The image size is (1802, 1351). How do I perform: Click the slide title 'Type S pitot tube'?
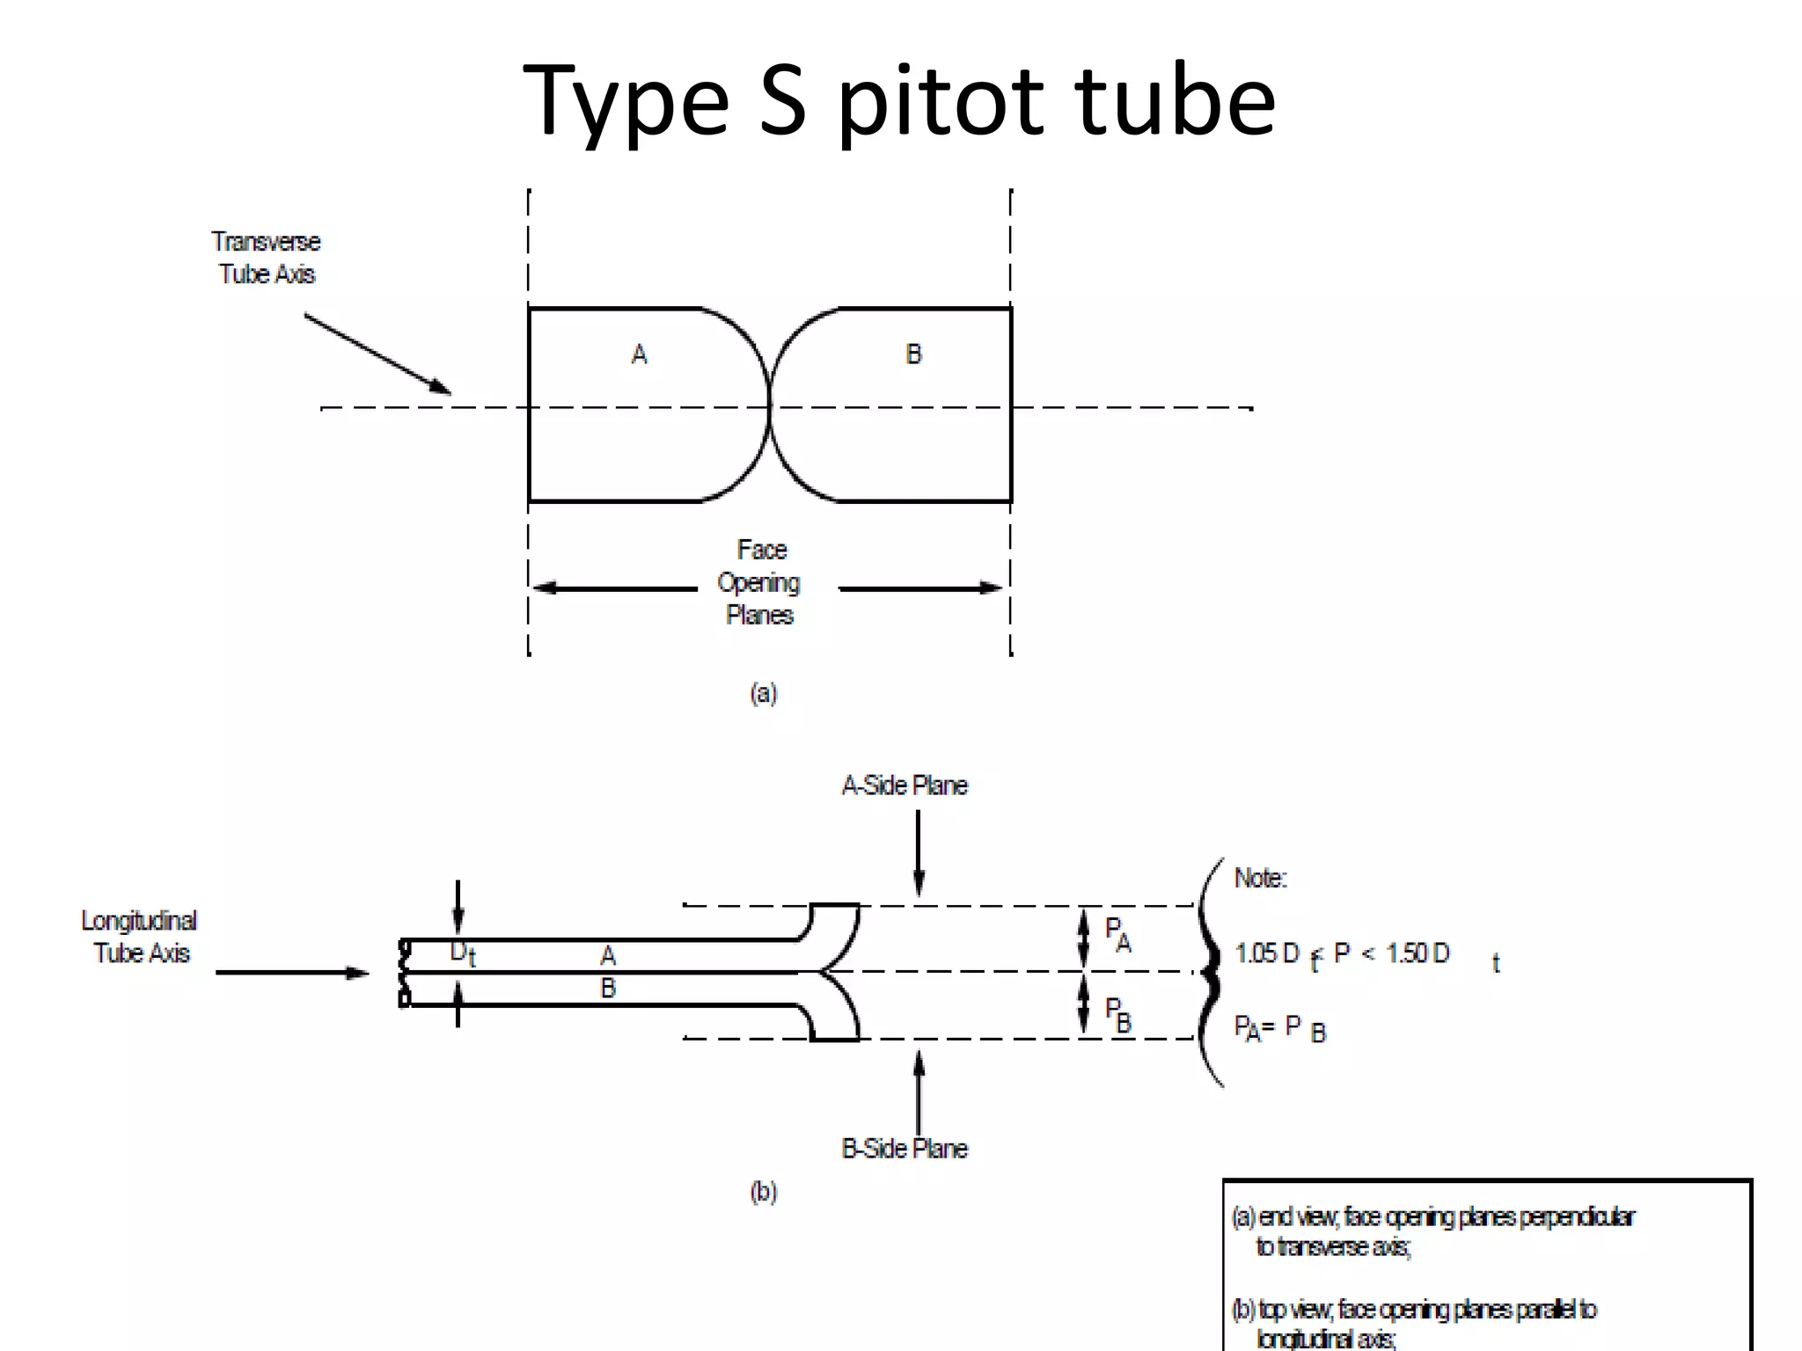898,101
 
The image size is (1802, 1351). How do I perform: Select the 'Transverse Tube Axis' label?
266,258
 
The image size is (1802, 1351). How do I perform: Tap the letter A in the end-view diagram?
640,354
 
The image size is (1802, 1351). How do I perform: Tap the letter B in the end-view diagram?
913,354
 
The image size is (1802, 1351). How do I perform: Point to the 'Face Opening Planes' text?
759,582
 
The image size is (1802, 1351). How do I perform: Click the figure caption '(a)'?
763,693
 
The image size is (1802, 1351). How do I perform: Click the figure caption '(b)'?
763,1192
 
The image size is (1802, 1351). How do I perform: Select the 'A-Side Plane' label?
905,785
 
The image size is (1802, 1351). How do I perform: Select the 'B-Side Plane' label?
905,1149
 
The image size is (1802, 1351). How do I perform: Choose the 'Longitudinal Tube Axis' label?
140,937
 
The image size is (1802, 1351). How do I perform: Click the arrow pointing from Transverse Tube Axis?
377,354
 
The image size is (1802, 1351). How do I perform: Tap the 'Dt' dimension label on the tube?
463,953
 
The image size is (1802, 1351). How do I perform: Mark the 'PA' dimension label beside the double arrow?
1117,934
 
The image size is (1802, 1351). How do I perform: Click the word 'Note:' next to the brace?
1260,878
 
